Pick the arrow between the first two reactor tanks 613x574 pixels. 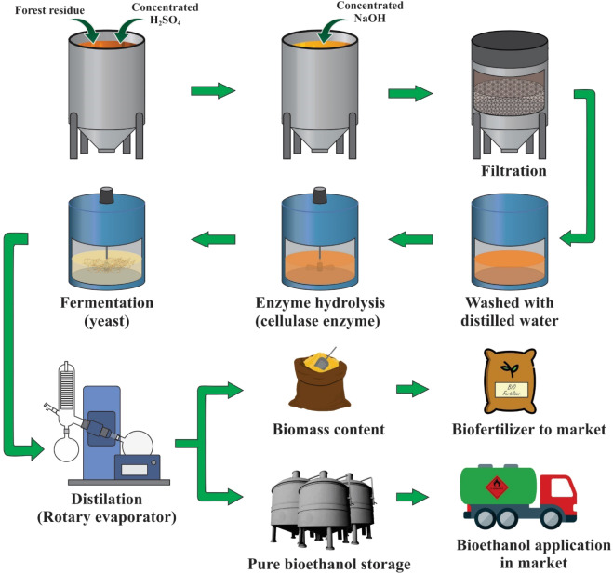(212, 90)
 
